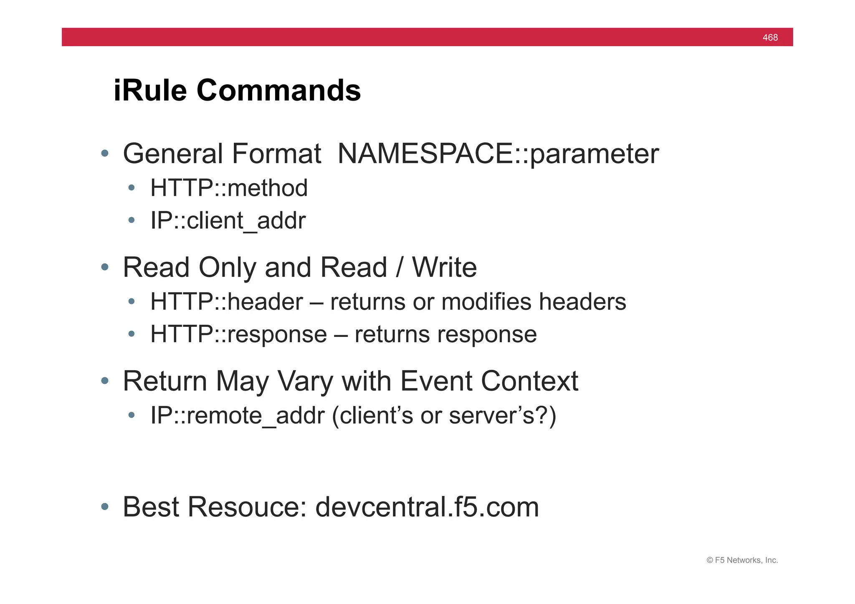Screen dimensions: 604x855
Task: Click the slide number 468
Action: coord(770,38)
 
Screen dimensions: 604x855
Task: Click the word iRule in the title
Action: coord(150,90)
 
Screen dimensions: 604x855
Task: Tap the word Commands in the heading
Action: coord(278,90)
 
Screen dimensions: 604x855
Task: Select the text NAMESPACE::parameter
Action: coord(498,154)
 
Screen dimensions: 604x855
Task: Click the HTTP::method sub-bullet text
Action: coord(229,188)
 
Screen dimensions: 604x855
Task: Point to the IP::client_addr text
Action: coord(228,220)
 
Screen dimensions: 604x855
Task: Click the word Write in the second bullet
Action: coord(444,267)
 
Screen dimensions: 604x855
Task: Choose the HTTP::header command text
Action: coord(227,301)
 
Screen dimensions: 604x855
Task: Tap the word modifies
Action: coord(486,301)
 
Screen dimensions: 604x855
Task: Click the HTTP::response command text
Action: coord(238,334)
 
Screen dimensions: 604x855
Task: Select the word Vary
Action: coord(306,381)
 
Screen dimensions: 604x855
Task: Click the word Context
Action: coord(529,381)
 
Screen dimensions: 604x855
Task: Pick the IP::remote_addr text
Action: coord(237,415)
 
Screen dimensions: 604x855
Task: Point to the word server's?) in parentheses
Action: coord(503,415)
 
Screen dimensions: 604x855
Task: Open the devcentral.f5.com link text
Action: coord(427,507)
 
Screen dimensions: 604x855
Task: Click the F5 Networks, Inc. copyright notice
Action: coord(742,560)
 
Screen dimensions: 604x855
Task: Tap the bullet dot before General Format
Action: coord(105,153)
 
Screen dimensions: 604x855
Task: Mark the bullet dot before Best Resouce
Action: coord(105,507)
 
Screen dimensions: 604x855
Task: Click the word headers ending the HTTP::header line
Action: coord(582,301)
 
